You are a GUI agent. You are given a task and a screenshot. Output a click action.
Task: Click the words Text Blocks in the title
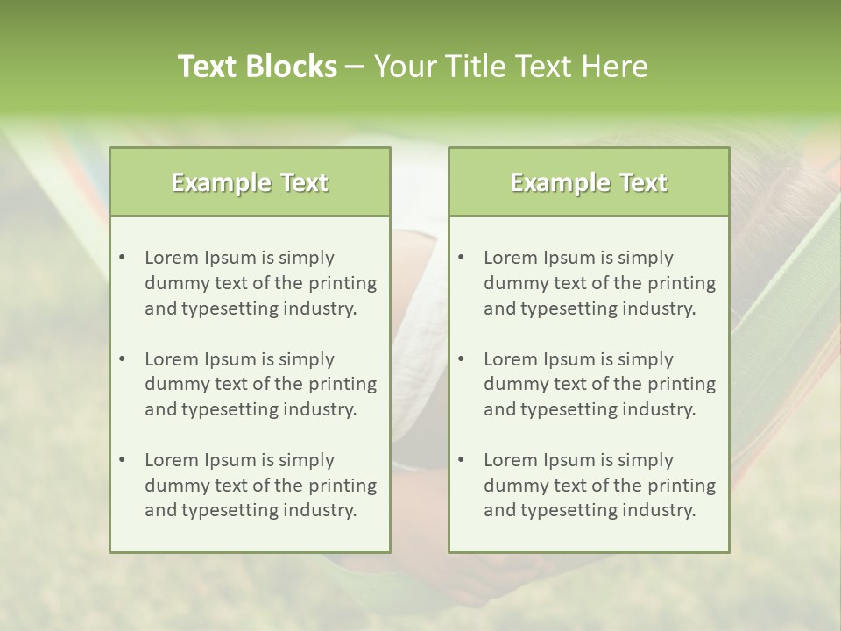257,67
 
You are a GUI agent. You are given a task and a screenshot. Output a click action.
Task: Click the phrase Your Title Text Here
511,67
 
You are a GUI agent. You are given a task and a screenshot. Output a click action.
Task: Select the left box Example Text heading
250,182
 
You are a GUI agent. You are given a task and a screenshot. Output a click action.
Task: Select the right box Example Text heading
589,182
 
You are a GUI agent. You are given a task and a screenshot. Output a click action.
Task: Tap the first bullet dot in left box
122,258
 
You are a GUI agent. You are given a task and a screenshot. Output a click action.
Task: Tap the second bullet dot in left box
122,359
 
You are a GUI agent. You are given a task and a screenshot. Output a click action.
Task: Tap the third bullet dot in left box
122,460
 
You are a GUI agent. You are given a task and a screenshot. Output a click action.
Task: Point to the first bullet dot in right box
461,258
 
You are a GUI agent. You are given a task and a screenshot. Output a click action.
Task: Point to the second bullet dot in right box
461,359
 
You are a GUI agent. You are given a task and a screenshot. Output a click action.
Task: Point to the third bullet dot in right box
461,460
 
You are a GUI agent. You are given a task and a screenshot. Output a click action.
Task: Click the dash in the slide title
355,67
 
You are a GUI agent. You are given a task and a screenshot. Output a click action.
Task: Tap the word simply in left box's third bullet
307,460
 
